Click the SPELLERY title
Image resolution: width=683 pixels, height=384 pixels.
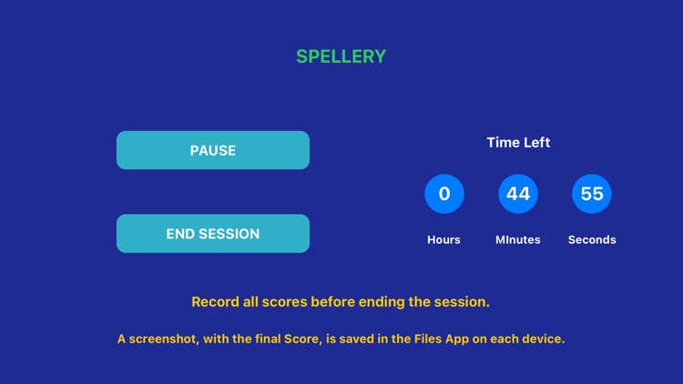[x=341, y=56]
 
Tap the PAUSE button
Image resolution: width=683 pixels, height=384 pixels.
[x=213, y=150]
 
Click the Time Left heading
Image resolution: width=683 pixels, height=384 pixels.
[x=518, y=142]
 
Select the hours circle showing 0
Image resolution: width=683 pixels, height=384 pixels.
[x=444, y=194]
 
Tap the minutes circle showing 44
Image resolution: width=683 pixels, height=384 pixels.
[x=518, y=194]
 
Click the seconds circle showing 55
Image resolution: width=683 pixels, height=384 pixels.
[x=592, y=194]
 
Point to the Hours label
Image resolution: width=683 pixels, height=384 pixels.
[x=443, y=239]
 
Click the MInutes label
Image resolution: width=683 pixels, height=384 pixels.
[x=517, y=239]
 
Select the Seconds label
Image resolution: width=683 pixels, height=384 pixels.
[x=592, y=239]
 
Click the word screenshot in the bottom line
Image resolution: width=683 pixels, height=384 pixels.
[x=167, y=339]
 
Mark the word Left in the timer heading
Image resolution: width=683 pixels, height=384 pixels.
[x=535, y=142]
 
